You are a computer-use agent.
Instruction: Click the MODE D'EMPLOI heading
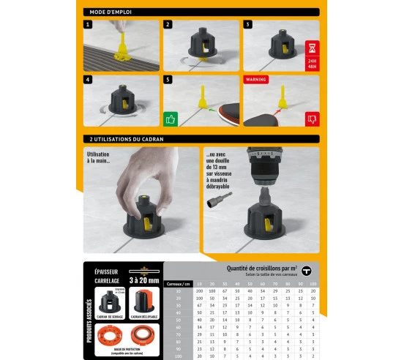pos(109,12)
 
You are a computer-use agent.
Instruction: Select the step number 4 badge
pos(88,78)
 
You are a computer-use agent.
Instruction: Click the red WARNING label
pos(256,78)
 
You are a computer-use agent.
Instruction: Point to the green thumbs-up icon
pos(171,117)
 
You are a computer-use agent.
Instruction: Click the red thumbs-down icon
pos(312,117)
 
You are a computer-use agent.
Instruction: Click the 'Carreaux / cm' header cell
pos(178,282)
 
